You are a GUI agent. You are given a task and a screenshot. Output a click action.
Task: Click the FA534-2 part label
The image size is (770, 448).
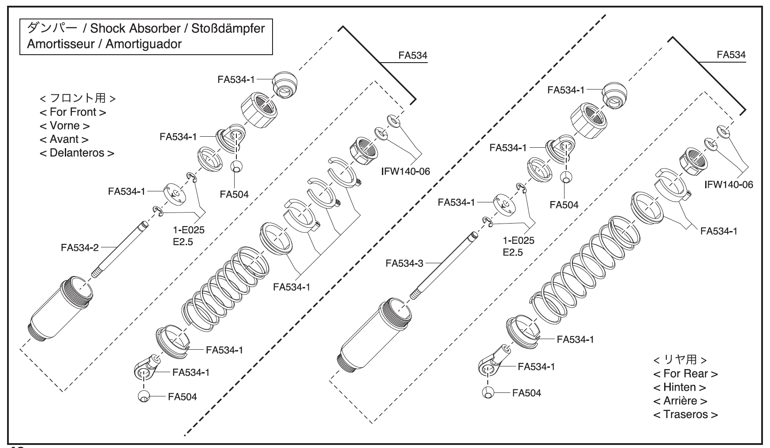(79, 248)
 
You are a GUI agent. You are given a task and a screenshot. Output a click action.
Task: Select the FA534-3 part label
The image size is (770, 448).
(404, 263)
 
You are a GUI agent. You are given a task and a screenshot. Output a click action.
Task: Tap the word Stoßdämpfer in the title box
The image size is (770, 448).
(228, 29)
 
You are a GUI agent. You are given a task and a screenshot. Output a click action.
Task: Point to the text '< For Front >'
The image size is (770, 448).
(73, 112)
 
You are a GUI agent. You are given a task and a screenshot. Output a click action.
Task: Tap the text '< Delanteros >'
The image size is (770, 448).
(77, 153)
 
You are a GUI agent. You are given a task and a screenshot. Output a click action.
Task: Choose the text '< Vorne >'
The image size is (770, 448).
(64, 126)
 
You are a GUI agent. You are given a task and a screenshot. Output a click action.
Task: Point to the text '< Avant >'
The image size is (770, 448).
(64, 139)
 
